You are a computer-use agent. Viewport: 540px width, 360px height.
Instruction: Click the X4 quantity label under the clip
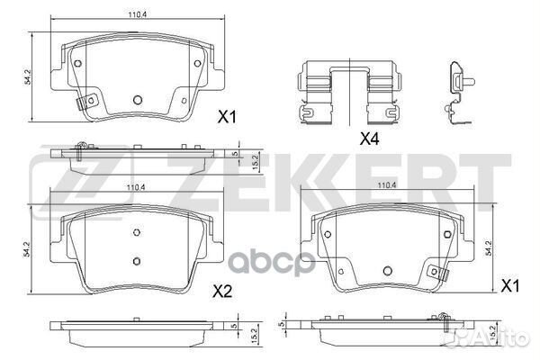(x=368, y=139)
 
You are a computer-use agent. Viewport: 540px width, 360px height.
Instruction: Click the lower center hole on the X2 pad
(x=137, y=262)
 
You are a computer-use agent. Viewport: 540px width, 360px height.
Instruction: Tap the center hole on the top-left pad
(x=138, y=101)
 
